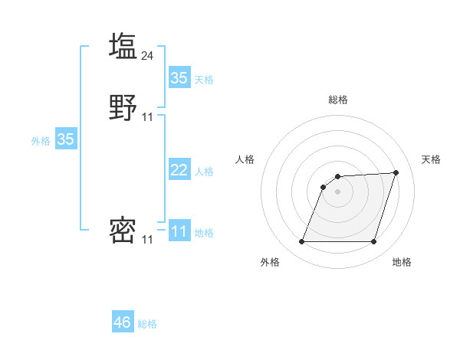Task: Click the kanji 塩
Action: (123, 45)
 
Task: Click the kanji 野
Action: (123, 108)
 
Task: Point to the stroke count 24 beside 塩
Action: (148, 55)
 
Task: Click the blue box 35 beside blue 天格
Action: (179, 77)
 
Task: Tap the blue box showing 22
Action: (179, 170)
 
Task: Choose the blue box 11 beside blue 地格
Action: (179, 231)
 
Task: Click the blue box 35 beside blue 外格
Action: (66, 139)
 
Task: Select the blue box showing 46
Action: (123, 322)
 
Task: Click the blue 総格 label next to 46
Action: (147, 324)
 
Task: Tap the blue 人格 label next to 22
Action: (204, 172)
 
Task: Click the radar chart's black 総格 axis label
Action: (338, 100)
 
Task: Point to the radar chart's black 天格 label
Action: (431, 159)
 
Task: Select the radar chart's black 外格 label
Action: (270, 262)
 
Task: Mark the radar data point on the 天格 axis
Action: (396, 172)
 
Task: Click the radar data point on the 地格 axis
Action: (373, 242)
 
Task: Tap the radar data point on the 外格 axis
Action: (301, 242)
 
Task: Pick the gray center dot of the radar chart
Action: (338, 191)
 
